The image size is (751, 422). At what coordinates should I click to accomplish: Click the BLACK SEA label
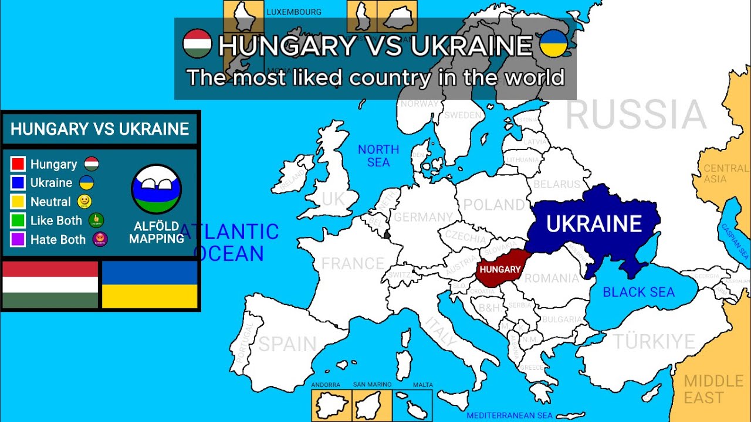(x=638, y=292)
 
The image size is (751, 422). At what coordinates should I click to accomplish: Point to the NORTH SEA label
(x=378, y=156)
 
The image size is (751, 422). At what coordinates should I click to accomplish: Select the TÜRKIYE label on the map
(x=654, y=342)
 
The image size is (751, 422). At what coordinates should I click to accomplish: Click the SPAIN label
(x=287, y=344)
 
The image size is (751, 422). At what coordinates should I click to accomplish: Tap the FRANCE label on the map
(x=352, y=264)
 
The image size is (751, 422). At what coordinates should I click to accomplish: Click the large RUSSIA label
(x=635, y=115)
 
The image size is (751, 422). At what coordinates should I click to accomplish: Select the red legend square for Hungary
(x=18, y=164)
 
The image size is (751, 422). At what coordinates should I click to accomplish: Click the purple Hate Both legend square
(x=18, y=239)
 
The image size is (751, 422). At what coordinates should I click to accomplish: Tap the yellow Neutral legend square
(x=18, y=202)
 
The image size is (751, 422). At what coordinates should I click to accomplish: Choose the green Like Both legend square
(x=18, y=220)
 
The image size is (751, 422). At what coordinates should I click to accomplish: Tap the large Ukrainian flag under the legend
(x=150, y=285)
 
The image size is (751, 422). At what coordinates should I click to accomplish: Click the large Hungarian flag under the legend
(x=50, y=285)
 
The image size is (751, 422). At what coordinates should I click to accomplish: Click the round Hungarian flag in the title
(x=197, y=44)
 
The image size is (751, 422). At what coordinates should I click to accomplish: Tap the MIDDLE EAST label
(x=713, y=390)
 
